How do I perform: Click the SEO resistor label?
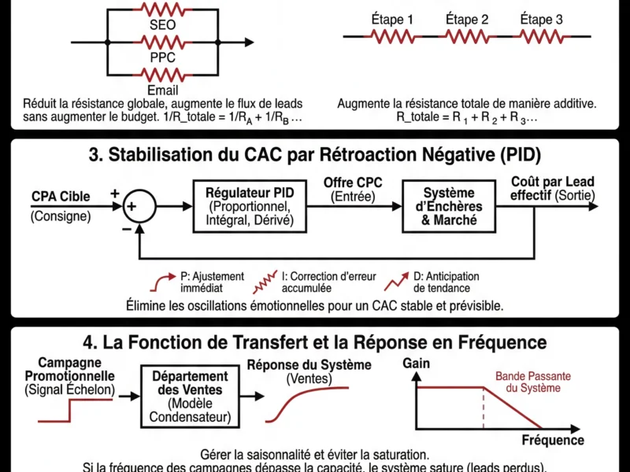(162, 25)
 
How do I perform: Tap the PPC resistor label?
(162, 58)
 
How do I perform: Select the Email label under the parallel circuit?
(162, 90)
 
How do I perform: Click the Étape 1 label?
(392, 18)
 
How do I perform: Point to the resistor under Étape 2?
(467, 36)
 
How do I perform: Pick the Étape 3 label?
(541, 18)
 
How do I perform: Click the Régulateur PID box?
(249, 207)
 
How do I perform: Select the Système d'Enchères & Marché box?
(449, 207)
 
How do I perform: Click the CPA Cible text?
(61, 197)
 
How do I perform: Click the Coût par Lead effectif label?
(553, 189)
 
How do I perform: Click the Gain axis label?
(416, 364)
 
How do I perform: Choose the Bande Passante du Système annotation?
(532, 382)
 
